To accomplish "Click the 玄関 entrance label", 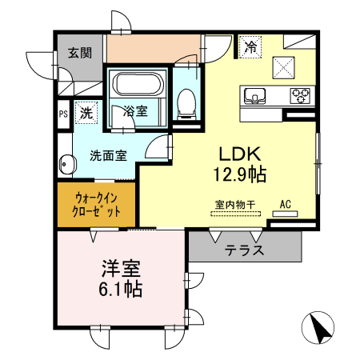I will tap(78, 54).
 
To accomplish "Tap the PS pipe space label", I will tap(62, 114).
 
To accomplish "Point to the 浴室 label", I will tap(135, 112).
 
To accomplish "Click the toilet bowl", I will tap(186, 100).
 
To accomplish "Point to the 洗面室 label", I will tap(107, 155).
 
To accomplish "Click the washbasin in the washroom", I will tap(65, 166).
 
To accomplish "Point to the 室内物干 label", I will tap(234, 204).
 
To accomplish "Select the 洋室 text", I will tap(121, 267).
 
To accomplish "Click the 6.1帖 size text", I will tap(121, 289).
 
